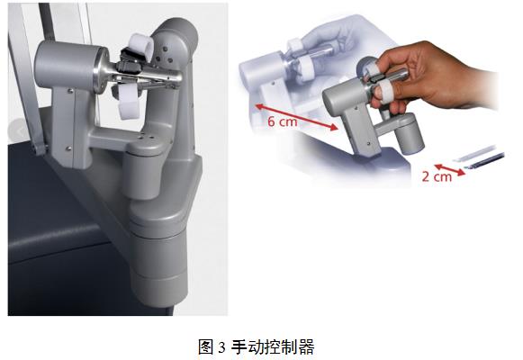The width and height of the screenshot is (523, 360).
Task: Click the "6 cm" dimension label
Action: pyautogui.click(x=282, y=121)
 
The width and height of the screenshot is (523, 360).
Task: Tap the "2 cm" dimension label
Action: pyautogui.click(x=437, y=176)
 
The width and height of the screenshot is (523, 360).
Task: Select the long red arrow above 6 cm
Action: pyautogui.click(x=297, y=117)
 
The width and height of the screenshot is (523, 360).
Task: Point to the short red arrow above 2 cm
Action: pyautogui.click(x=449, y=170)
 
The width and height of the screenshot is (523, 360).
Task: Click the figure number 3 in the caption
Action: pyautogui.click(x=221, y=347)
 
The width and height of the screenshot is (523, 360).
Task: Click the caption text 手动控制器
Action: pyautogui.click(x=273, y=347)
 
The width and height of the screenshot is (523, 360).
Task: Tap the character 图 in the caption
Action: pyautogui.click(x=206, y=347)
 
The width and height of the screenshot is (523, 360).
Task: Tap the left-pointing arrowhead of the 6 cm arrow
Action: pyautogui.click(x=258, y=107)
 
